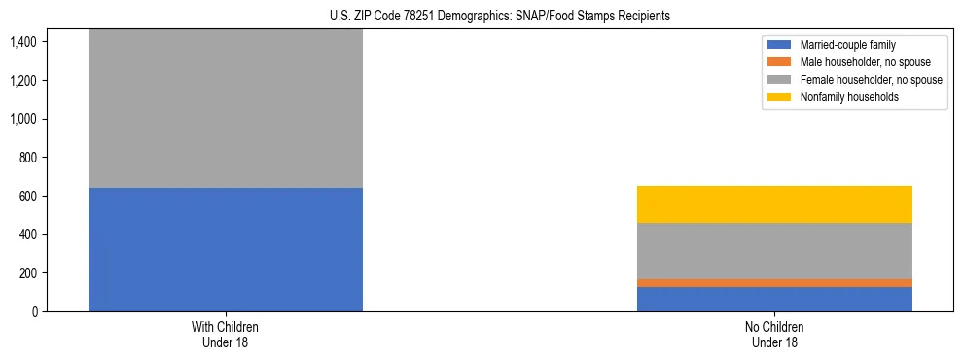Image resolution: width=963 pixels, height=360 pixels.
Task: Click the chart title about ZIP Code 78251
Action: [481, 17]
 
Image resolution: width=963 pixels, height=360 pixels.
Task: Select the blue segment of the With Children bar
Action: [226, 249]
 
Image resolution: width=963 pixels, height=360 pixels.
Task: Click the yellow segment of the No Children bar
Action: [774, 204]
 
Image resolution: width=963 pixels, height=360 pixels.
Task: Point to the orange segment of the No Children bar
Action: [774, 283]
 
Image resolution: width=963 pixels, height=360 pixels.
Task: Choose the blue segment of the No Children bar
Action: [774, 299]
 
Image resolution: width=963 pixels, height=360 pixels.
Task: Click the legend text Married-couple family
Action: [848, 45]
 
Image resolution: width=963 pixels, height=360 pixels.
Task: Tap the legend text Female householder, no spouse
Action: [871, 80]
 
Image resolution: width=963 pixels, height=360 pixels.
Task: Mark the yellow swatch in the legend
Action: [779, 97]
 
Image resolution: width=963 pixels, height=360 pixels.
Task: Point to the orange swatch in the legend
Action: [779, 62]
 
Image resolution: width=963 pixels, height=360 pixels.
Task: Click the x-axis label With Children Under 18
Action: [226, 335]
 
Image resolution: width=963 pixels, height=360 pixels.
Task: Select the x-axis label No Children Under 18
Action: [774, 335]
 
